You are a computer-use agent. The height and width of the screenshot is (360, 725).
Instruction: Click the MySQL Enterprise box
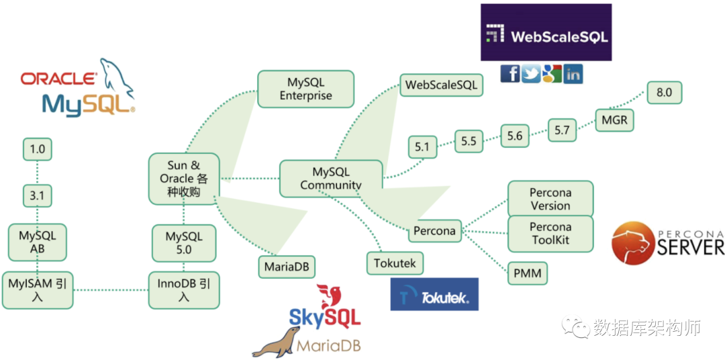(305, 89)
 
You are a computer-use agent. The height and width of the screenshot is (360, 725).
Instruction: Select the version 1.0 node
(37, 149)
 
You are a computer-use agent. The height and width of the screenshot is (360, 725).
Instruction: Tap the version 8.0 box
(664, 93)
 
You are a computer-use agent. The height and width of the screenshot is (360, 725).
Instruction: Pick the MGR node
(614, 121)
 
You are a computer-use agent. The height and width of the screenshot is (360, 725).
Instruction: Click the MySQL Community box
(330, 179)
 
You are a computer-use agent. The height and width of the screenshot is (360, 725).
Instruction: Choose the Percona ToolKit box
(550, 234)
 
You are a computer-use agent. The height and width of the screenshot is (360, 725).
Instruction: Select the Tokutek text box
(395, 263)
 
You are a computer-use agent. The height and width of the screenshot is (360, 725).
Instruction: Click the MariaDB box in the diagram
(287, 267)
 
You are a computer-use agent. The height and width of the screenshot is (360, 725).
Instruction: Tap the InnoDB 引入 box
(183, 289)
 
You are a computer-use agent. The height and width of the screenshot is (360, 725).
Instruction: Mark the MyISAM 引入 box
(37, 289)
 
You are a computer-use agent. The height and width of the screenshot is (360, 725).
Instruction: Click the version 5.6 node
(514, 136)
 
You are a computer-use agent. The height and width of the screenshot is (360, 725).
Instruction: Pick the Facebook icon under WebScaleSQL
(510, 74)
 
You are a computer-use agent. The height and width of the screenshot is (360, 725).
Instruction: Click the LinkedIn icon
(573, 74)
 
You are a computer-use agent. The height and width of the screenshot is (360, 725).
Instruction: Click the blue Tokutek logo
(434, 294)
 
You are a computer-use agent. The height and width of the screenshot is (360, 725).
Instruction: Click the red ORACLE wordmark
(58, 79)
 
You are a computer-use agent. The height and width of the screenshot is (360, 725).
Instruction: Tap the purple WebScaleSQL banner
(546, 33)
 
